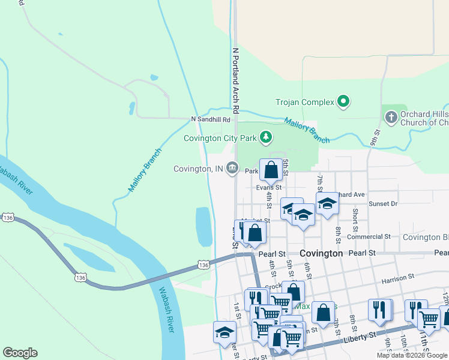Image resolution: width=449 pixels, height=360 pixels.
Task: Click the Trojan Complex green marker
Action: tap(343, 102)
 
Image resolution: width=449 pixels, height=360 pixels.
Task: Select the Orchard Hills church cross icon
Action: tap(391, 118)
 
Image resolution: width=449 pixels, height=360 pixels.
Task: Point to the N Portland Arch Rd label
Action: tap(236, 81)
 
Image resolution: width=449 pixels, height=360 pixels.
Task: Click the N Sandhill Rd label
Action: tap(211, 119)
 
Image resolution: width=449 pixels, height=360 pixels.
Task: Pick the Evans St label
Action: tap(269, 187)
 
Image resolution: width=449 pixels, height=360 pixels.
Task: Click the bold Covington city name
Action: tap(321, 253)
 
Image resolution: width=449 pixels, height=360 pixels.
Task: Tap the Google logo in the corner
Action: tap(20, 353)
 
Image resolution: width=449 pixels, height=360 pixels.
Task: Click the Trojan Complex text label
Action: tap(304, 102)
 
